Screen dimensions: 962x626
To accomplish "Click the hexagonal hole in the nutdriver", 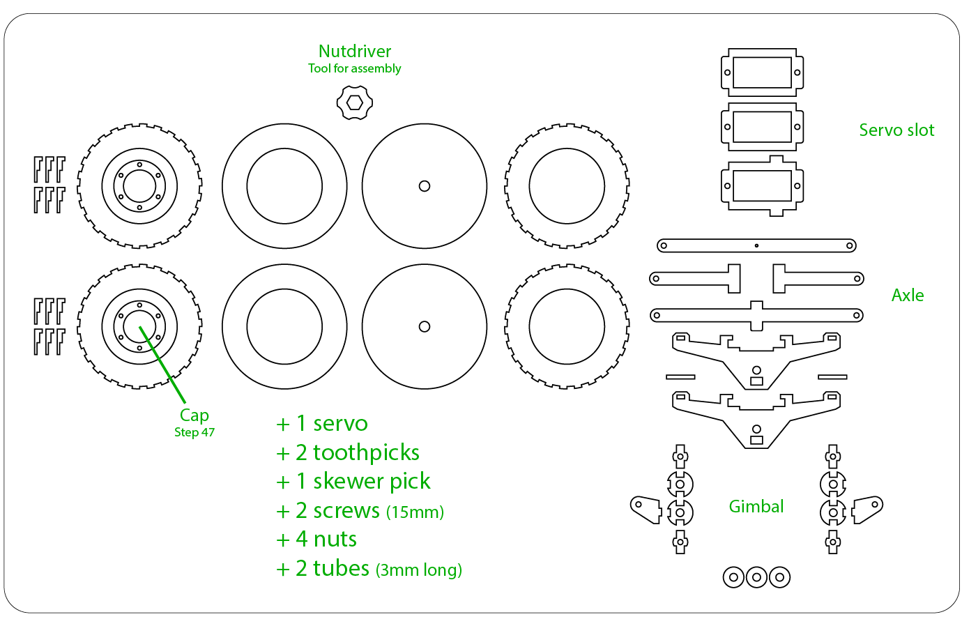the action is tap(354, 103).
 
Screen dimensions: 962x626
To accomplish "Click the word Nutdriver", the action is tap(355, 52).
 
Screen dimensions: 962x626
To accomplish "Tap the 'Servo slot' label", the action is tap(896, 130).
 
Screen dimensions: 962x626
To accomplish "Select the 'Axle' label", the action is tap(908, 296).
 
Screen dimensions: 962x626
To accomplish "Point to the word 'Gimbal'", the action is tap(756, 507).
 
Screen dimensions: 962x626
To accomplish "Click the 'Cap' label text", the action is tap(194, 415).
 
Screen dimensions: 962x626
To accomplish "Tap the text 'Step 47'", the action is tap(194, 432).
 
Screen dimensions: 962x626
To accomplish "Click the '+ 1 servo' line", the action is tap(321, 424).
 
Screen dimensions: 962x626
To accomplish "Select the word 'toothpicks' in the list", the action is tap(367, 453).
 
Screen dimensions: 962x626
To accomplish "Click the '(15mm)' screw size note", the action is tap(415, 512).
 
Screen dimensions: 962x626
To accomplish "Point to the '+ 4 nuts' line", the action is tap(316, 540).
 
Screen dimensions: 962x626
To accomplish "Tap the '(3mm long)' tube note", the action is tap(419, 570).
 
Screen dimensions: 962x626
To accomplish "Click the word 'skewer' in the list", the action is tap(347, 481).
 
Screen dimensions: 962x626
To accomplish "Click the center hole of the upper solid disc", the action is tap(425, 186).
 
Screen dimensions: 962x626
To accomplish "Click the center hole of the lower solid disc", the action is tap(425, 327).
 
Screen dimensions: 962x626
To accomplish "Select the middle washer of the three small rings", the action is tap(756, 577).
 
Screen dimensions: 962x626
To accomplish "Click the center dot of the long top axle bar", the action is tap(756, 245).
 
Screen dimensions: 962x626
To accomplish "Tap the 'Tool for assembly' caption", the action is tap(354, 69).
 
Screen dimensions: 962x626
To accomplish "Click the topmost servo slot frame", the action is tap(762, 72).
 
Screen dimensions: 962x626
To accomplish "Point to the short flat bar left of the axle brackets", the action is tap(680, 377).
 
